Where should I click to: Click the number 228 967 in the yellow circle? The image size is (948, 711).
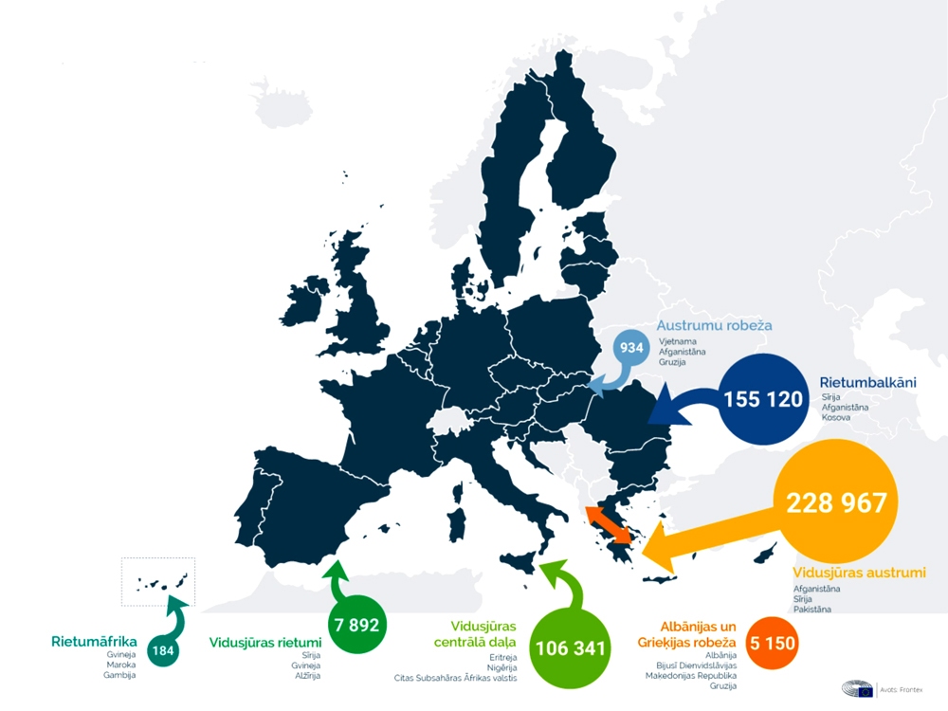click(x=835, y=502)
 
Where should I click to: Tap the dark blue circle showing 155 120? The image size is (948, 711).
click(x=762, y=399)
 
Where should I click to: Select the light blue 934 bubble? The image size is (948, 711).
click(x=632, y=347)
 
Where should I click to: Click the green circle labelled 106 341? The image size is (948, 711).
click(x=570, y=648)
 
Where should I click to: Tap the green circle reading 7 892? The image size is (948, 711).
click(x=356, y=625)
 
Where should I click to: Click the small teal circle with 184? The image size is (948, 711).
click(x=163, y=650)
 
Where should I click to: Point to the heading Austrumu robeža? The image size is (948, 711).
click(x=714, y=325)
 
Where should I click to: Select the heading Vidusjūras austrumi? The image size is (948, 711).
click(x=859, y=572)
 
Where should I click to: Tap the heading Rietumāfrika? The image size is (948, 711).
click(x=94, y=641)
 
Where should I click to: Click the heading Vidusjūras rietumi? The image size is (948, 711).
click(x=264, y=643)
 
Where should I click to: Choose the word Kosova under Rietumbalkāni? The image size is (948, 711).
click(x=836, y=417)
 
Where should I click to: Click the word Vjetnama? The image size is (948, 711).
click(x=677, y=339)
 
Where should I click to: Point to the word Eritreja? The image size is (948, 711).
click(x=502, y=656)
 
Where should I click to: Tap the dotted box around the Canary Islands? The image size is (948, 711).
click(x=157, y=581)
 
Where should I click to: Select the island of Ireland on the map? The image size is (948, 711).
click(x=307, y=308)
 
